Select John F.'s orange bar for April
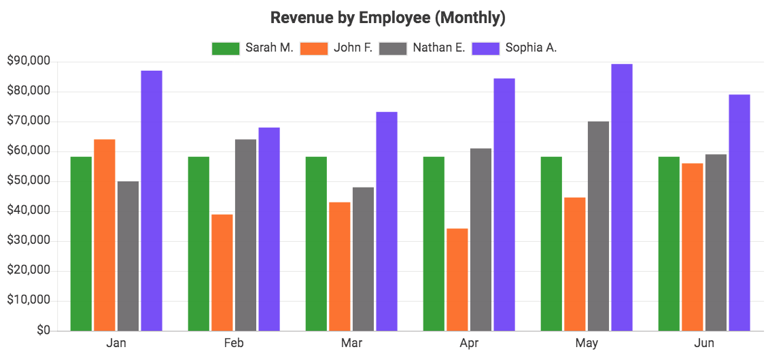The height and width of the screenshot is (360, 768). click(x=457, y=279)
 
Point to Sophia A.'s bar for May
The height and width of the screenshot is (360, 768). click(x=622, y=197)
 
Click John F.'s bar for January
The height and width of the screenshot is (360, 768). click(x=105, y=234)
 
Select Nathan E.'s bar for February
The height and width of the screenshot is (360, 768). click(x=245, y=234)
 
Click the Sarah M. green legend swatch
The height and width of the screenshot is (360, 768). click(x=226, y=48)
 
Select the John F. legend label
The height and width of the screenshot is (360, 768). click(x=353, y=48)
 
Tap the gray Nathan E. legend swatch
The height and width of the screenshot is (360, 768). click(x=393, y=48)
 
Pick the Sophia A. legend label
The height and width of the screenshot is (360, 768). click(x=531, y=48)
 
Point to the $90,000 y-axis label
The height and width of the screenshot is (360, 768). click(x=29, y=61)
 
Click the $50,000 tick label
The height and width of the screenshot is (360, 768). click(x=29, y=181)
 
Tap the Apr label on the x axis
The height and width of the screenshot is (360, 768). click(x=469, y=343)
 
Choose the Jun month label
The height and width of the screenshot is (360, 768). click(x=705, y=343)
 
